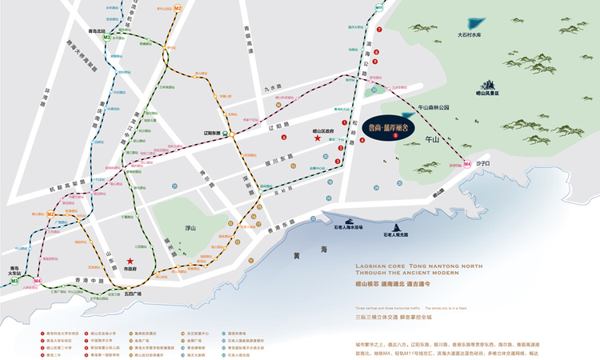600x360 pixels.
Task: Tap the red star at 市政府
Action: pyautogui.click(x=130, y=261)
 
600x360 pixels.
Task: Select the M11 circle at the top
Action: pyautogui.click(x=379, y=7)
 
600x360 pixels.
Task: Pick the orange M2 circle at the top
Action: pyautogui.click(x=178, y=8)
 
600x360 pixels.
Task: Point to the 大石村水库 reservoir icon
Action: pyautogui.click(x=478, y=24)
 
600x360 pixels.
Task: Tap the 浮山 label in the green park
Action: pyautogui.click(x=190, y=227)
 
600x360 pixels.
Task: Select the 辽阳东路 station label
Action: pyautogui.click(x=211, y=133)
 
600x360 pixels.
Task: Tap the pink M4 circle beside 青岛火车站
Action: pyautogui.click(x=37, y=281)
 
